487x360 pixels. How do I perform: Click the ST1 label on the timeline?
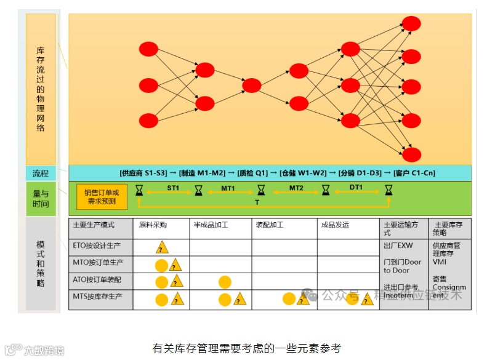click(173, 187)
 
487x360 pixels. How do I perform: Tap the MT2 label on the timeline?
click(296, 187)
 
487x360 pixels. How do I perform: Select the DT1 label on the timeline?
click(356, 187)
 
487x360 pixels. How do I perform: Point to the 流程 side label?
click(41, 173)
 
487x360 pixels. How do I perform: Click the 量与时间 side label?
click(41, 198)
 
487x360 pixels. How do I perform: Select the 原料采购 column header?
click(153, 225)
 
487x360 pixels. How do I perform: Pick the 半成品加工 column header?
click(211, 225)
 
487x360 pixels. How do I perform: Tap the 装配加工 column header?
click(269, 225)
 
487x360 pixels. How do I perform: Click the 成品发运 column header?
click(335, 225)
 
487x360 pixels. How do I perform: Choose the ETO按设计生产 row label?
click(97, 246)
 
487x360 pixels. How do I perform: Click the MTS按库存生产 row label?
click(97, 297)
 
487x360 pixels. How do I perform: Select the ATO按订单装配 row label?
click(97, 280)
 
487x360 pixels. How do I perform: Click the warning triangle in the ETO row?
click(162, 248)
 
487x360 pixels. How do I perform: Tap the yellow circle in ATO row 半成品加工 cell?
click(225, 282)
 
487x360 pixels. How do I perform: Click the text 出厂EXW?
click(399, 246)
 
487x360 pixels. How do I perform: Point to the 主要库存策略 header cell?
click(449, 229)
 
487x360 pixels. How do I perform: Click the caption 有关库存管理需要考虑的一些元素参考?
click(246, 348)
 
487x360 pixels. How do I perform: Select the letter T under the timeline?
click(257, 202)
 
